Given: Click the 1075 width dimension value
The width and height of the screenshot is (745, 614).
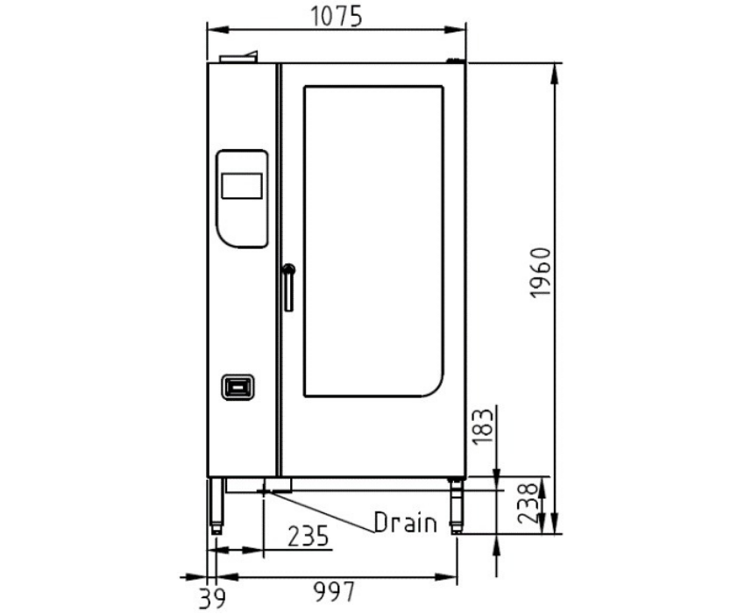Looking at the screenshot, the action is tap(337, 17).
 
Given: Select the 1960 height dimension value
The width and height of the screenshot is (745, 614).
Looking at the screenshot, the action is tap(540, 273).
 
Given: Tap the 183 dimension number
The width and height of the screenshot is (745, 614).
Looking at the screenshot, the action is tap(483, 426).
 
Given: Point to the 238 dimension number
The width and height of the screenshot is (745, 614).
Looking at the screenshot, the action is tap(528, 504).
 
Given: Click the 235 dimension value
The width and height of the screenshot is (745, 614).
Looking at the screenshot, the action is tap(309, 536).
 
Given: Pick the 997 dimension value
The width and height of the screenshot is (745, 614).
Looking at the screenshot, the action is tap(334, 592).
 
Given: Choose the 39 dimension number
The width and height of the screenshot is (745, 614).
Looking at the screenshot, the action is tap(212, 598).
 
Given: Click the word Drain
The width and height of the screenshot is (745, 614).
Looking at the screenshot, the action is tap(405, 523).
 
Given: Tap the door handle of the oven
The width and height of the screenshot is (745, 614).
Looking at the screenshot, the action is tap(288, 287).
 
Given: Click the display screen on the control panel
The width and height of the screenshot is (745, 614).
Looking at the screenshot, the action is tap(242, 185).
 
